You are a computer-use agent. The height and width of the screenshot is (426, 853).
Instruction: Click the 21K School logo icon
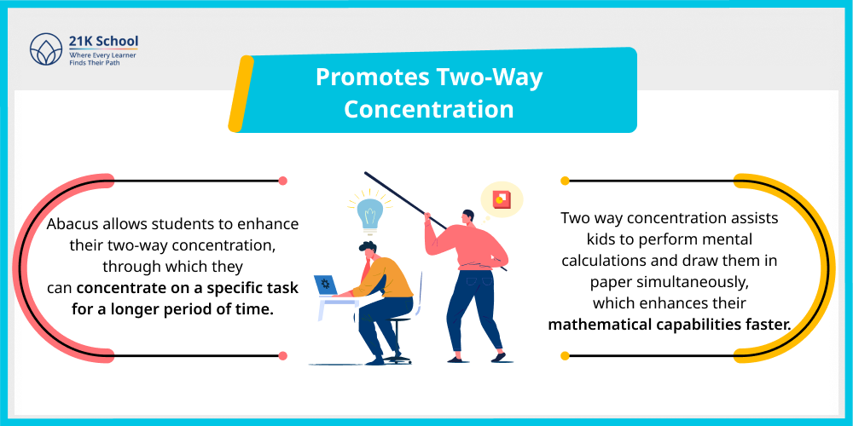coord(43,49)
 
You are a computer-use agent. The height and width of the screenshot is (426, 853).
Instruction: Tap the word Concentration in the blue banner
coord(429,109)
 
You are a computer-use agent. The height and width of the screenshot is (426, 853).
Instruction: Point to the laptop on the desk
coord(327,285)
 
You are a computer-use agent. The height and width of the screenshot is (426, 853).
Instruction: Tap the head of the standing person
coord(467,218)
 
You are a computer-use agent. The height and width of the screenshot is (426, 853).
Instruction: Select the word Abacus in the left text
coord(73,224)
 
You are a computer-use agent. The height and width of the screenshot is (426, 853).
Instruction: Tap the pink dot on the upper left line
coord(282,181)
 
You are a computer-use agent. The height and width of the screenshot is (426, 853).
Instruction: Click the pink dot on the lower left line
coord(282,354)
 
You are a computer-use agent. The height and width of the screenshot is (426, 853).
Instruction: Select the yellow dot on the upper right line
coord(565,181)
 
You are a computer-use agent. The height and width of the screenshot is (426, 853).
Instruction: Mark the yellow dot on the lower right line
coord(565,354)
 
